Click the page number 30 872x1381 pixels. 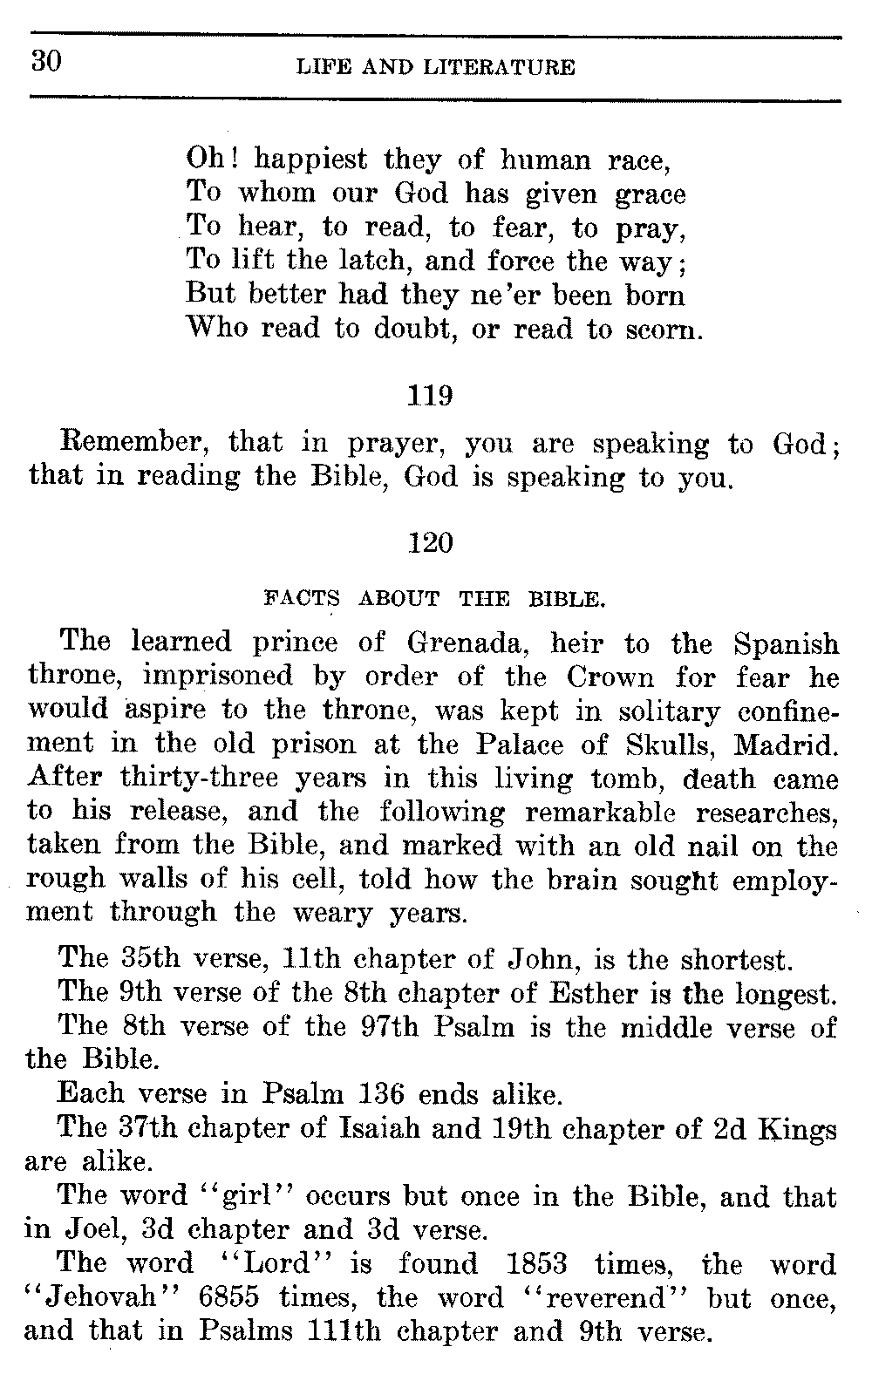44,63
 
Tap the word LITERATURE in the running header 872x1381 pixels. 499,67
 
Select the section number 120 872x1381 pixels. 431,543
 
